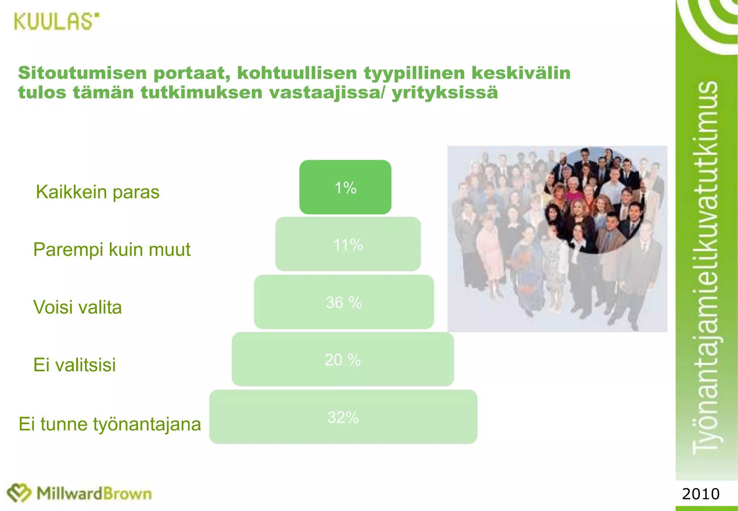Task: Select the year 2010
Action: tap(701, 494)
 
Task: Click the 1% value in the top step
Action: tap(345, 188)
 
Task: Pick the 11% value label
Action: tap(348, 245)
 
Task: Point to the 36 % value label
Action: tap(344, 302)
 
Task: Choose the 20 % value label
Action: tap(343, 360)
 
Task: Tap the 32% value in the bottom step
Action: tap(343, 417)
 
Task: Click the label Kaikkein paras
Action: tap(98, 192)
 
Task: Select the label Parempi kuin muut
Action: tap(112, 249)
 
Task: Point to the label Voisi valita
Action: tap(77, 307)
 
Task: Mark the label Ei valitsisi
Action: tap(75, 365)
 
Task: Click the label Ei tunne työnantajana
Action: tap(110, 424)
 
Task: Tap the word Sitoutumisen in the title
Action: tap(83, 73)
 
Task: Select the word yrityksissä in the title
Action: tap(445, 93)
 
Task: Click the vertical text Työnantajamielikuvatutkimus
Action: tap(706, 267)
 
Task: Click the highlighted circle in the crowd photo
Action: tap(595, 200)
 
